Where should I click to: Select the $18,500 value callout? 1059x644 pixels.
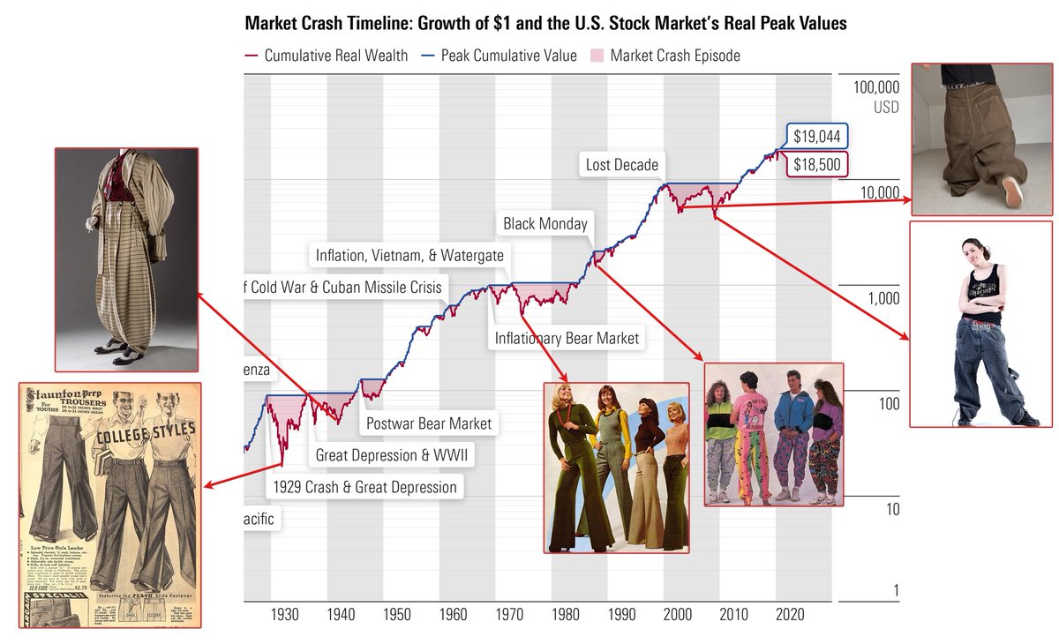click(815, 165)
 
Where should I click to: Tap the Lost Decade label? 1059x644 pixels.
click(621, 165)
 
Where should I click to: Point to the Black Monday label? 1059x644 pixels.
click(545, 224)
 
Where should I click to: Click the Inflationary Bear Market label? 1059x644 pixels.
click(566, 338)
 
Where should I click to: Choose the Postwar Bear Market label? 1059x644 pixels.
click(428, 423)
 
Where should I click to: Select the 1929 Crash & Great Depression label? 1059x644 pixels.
click(365, 487)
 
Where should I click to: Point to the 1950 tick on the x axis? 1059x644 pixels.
click(397, 614)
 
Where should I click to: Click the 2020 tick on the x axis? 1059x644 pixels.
click(790, 614)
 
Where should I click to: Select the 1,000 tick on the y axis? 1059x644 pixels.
click(882, 298)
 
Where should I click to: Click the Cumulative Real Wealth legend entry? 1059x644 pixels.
click(327, 56)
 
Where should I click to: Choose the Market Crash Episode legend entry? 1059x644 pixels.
click(674, 56)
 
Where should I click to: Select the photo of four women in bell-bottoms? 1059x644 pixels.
click(616, 468)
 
